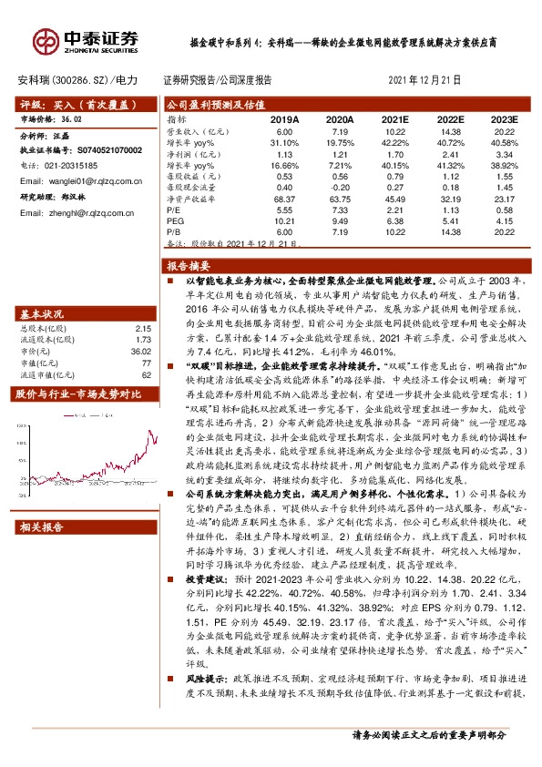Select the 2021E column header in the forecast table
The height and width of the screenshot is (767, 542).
point(394,119)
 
